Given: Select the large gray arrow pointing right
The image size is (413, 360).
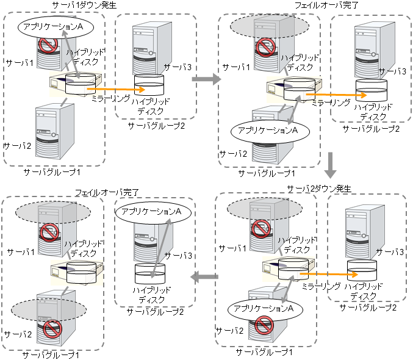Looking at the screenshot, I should click(209, 79).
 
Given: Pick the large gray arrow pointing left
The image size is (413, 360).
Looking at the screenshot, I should click(204, 278).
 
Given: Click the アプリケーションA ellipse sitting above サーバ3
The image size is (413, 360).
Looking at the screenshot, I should click(151, 211).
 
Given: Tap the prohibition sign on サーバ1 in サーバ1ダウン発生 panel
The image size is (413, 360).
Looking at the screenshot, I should click(48, 45).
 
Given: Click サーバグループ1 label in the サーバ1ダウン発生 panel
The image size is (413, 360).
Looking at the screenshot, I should click(51, 173).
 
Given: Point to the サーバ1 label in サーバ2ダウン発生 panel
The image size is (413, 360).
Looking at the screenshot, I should click(232, 248).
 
